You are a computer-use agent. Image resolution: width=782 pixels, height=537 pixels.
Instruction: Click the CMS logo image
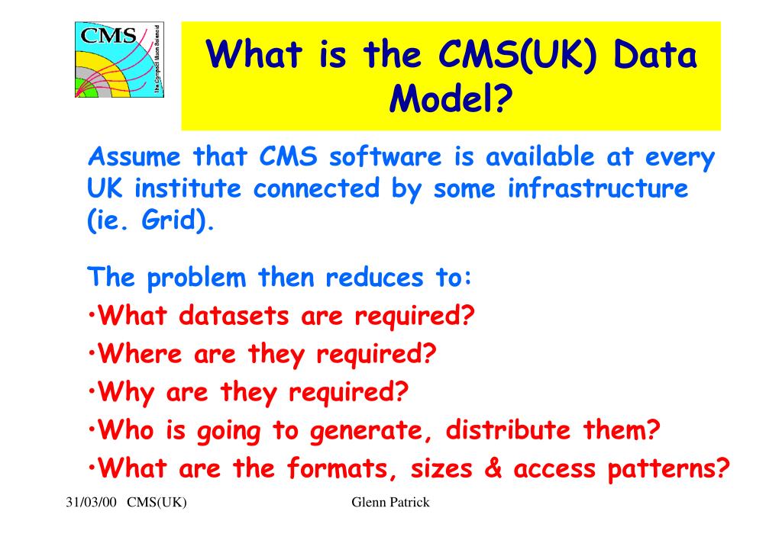(120, 59)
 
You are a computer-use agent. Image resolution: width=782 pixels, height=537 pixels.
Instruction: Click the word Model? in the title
(451, 98)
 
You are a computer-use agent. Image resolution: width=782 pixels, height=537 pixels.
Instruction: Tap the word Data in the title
(654, 54)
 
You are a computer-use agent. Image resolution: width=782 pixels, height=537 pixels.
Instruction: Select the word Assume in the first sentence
(134, 157)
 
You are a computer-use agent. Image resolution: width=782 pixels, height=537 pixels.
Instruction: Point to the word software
(385, 156)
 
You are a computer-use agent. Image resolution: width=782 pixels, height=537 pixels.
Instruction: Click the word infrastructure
(598, 188)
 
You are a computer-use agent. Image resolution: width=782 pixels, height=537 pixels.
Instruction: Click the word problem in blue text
(196, 278)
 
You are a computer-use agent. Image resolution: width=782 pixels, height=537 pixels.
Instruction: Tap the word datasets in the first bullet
(234, 316)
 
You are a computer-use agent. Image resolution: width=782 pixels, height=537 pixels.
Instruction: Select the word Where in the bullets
(140, 354)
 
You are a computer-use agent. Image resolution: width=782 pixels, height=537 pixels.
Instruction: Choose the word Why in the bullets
(126, 393)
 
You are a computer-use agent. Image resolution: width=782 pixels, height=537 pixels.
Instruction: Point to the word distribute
(508, 429)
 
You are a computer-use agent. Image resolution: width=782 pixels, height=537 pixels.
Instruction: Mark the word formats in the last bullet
(343, 469)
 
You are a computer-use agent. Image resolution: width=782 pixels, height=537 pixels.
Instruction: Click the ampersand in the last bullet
(493, 469)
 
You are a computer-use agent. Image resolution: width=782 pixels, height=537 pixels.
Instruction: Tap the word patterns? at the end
(668, 469)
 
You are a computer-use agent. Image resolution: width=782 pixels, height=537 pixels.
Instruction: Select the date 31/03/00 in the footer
(91, 502)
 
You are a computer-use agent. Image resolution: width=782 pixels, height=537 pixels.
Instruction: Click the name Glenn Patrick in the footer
(390, 502)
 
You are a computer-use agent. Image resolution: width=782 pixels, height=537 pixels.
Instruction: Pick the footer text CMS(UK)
(157, 502)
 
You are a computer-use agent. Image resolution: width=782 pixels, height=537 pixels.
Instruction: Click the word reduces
(374, 278)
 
